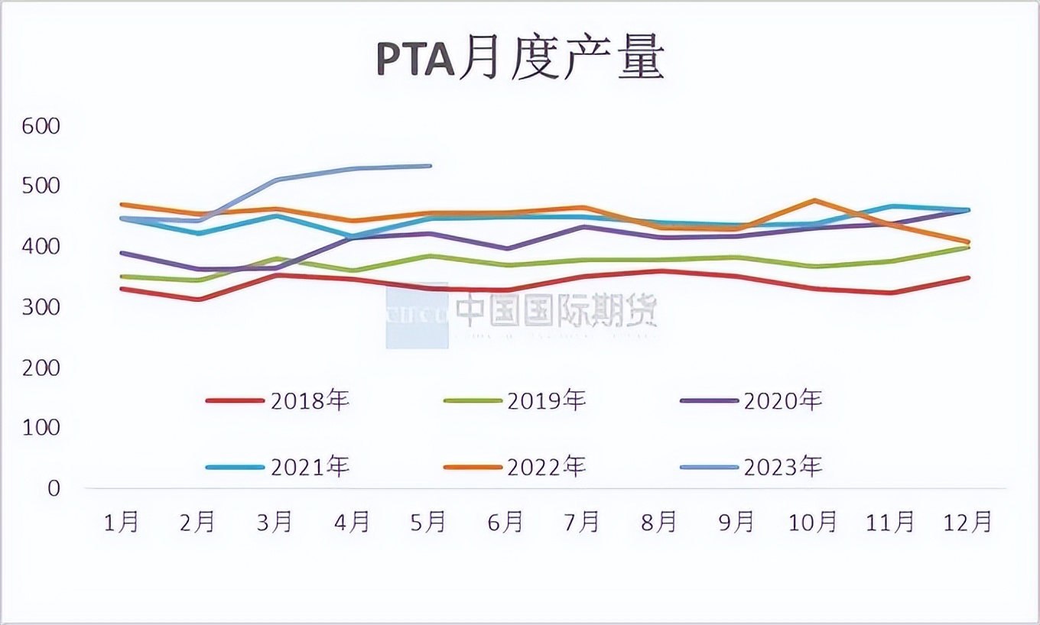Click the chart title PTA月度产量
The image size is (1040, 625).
coord(520,60)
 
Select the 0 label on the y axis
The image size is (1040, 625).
coord(53,488)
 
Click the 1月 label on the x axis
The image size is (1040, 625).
coord(122,523)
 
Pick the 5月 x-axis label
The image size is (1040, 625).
coord(428,523)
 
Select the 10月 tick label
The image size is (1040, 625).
coord(813,523)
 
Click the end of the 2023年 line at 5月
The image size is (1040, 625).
coord(430,166)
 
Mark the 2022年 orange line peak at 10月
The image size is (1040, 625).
coord(815,201)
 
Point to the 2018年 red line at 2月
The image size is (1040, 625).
coord(199,300)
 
